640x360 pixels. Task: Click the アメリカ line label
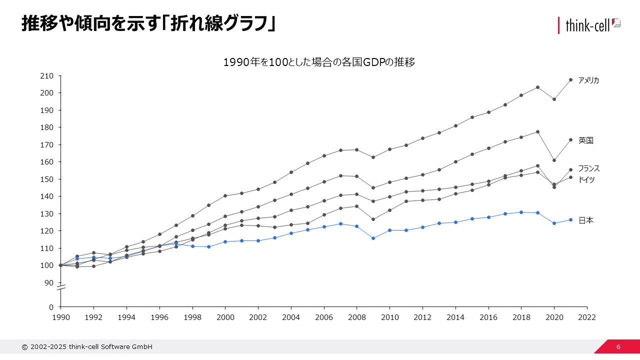tap(588, 80)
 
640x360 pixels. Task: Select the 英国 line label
tap(585, 141)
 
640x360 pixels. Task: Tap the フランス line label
tap(588, 169)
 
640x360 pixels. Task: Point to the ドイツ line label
tap(586, 180)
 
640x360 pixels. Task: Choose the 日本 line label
tap(585, 220)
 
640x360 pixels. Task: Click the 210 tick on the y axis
tap(46, 76)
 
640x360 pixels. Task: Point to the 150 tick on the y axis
tap(46, 179)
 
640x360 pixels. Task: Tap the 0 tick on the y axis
tap(51, 307)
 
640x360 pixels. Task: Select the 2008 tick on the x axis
tap(357, 317)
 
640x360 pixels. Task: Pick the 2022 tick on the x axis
tap(587, 317)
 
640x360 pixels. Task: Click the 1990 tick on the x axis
tap(60, 317)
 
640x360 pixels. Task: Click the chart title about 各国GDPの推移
tap(319, 62)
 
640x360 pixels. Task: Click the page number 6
tap(618, 347)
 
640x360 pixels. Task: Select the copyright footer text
tap(87, 347)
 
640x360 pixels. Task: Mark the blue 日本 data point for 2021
tap(570, 219)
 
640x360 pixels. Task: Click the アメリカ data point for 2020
tap(554, 99)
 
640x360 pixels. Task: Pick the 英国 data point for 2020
tap(554, 160)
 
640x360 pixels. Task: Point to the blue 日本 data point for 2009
tap(373, 238)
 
